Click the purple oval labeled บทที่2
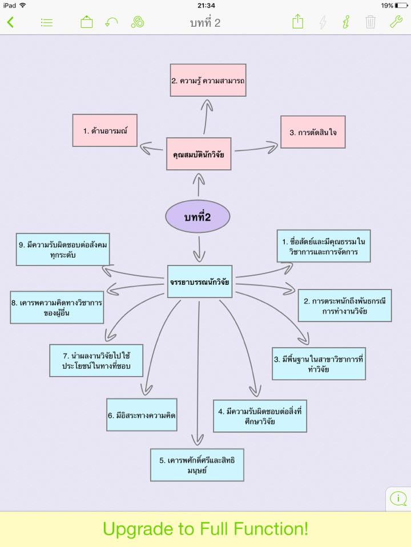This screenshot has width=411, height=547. point(198,217)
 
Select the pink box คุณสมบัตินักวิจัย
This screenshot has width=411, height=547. point(199,154)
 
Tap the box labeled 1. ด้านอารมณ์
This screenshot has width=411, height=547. point(105,130)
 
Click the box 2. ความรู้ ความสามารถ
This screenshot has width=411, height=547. point(208,80)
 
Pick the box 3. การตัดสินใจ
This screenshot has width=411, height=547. point(313,132)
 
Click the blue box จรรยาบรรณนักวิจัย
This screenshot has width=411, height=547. point(200,281)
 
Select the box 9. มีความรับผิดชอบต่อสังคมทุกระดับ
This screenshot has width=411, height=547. point(63,250)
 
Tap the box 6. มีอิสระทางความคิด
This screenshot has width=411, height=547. point(142,415)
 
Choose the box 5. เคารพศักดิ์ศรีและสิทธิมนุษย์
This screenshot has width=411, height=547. point(197,465)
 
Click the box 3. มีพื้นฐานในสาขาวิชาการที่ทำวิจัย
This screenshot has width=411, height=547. point(319,364)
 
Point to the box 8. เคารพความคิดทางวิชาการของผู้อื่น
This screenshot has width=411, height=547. point(57,308)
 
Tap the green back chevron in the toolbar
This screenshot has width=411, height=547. point(10,22)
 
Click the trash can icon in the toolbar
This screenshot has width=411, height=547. point(370,22)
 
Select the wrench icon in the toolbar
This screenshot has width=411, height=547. point(396,22)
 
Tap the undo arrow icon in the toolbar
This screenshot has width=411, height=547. point(112,22)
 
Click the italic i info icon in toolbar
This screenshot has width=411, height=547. point(346,22)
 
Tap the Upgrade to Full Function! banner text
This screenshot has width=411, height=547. point(205,529)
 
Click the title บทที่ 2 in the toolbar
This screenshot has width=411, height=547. point(205,23)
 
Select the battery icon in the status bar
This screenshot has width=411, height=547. point(401,5)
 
